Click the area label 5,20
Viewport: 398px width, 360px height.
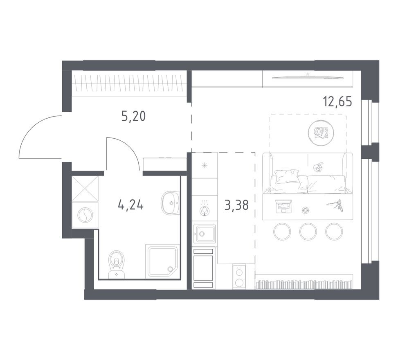[133, 117]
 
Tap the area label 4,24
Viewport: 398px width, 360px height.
[130, 205]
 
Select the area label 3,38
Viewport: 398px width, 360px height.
[236, 205]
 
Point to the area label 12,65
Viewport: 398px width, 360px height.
[337, 101]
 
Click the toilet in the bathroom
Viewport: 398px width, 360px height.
[117, 263]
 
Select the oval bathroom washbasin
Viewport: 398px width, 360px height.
[170, 202]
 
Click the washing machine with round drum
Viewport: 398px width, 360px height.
[85, 215]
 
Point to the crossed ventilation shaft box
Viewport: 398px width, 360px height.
[85, 188]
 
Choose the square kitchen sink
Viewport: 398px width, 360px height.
[204, 234]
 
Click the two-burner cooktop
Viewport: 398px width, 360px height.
[239, 277]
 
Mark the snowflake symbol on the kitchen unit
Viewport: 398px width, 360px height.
[204, 165]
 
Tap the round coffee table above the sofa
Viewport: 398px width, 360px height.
[321, 133]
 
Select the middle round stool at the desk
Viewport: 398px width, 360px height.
[308, 232]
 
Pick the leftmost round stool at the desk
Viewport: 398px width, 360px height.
[282, 232]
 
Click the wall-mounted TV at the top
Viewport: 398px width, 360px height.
[306, 76]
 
